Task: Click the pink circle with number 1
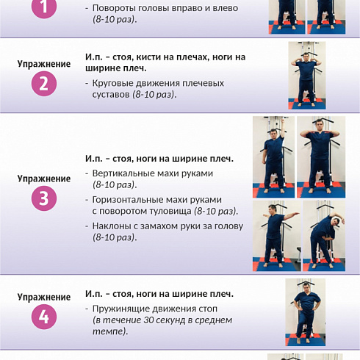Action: point(44,7)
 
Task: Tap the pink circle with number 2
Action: point(44,84)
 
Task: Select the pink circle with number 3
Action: point(44,199)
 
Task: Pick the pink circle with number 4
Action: point(44,317)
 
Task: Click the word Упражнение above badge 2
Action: point(44,64)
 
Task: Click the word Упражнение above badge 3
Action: point(44,179)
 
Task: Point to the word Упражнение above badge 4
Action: point(44,297)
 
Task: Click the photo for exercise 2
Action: point(306,76)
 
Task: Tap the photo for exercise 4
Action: point(305,312)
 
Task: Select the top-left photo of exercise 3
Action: point(273,156)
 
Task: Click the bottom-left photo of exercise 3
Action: point(273,236)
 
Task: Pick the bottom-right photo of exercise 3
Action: point(321,236)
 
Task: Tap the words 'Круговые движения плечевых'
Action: point(158,83)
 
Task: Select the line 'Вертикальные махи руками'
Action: point(153,173)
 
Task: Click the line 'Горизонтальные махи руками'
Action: point(156,199)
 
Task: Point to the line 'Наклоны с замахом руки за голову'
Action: point(168,226)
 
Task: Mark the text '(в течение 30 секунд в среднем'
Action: point(162,320)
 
